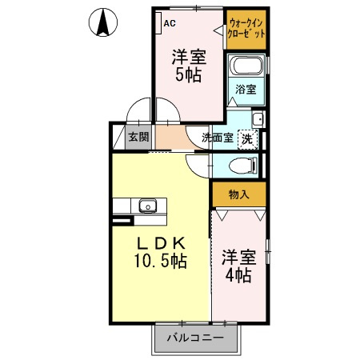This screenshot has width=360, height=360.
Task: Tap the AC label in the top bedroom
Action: (170, 23)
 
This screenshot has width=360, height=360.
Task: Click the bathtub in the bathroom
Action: (246, 67)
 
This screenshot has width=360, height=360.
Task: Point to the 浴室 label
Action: (246, 90)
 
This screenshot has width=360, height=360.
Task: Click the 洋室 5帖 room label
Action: (189, 66)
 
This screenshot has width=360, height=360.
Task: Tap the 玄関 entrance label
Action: (138, 137)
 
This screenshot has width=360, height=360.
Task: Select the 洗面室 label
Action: (217, 138)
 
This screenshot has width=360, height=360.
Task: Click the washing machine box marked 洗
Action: (248, 138)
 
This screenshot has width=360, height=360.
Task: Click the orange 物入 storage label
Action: (239, 194)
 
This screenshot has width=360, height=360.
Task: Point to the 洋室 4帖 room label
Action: (238, 266)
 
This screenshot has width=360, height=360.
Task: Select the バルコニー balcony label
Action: (195, 337)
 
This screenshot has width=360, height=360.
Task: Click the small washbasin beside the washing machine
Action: (256, 120)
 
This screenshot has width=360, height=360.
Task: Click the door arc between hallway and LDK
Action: (198, 165)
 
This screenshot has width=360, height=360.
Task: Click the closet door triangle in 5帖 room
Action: (218, 30)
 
